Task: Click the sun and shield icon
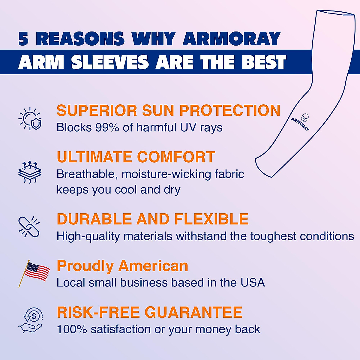[30, 119]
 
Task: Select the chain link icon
[29, 227]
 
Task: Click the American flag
[35, 272]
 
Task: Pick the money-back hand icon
[31, 320]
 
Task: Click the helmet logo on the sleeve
[305, 117]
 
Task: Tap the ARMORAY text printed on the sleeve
[299, 124]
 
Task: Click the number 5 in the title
[23, 39]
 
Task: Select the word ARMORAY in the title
[231, 39]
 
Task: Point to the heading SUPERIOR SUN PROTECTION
[168, 110]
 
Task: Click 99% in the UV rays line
[106, 127]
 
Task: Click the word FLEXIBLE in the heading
[211, 219]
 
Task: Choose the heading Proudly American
[122, 266]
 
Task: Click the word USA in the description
[253, 283]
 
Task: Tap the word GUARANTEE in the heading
[193, 312]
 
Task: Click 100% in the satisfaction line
[72, 329]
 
